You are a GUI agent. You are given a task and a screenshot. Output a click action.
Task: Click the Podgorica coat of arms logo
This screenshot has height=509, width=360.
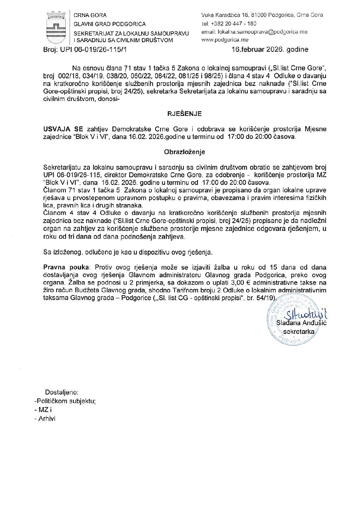click(56, 28)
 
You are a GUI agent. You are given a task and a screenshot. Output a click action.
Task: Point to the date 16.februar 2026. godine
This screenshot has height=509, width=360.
click(270, 49)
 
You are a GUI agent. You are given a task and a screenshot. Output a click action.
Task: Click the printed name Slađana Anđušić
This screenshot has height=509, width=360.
click(301, 323)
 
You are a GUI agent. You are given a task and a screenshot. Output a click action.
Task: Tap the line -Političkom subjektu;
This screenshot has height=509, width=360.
click(65, 401)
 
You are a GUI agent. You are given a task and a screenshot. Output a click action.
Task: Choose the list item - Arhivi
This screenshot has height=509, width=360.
click(45, 419)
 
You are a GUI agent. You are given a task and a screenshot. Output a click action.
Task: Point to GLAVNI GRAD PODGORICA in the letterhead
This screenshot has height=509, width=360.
click(110, 24)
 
